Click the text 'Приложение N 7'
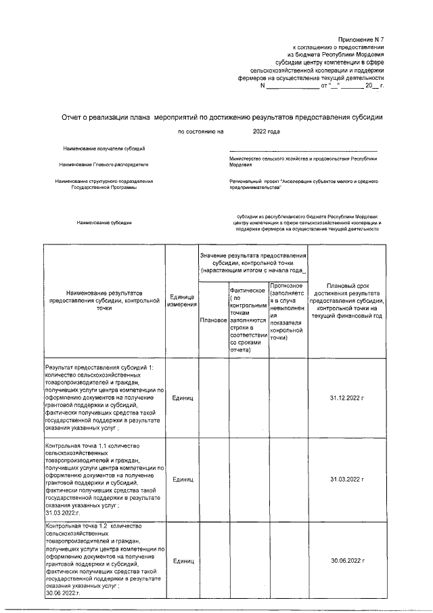(x=361, y=41)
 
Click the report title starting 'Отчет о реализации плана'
(x=222, y=117)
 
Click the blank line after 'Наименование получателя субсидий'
(x=303, y=150)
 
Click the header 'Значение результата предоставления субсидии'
(x=253, y=261)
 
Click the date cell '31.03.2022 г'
(x=346, y=480)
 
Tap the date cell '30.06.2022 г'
(x=346, y=561)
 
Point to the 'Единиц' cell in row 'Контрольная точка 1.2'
(x=182, y=561)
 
